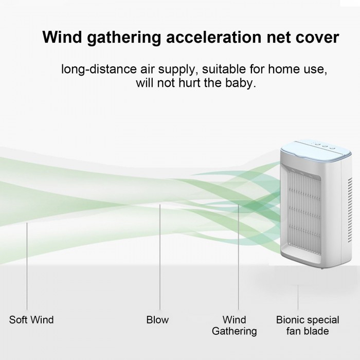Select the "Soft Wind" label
[31, 320]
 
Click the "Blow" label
[157, 320]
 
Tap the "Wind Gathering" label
[234, 326]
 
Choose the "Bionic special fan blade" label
[302, 326]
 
